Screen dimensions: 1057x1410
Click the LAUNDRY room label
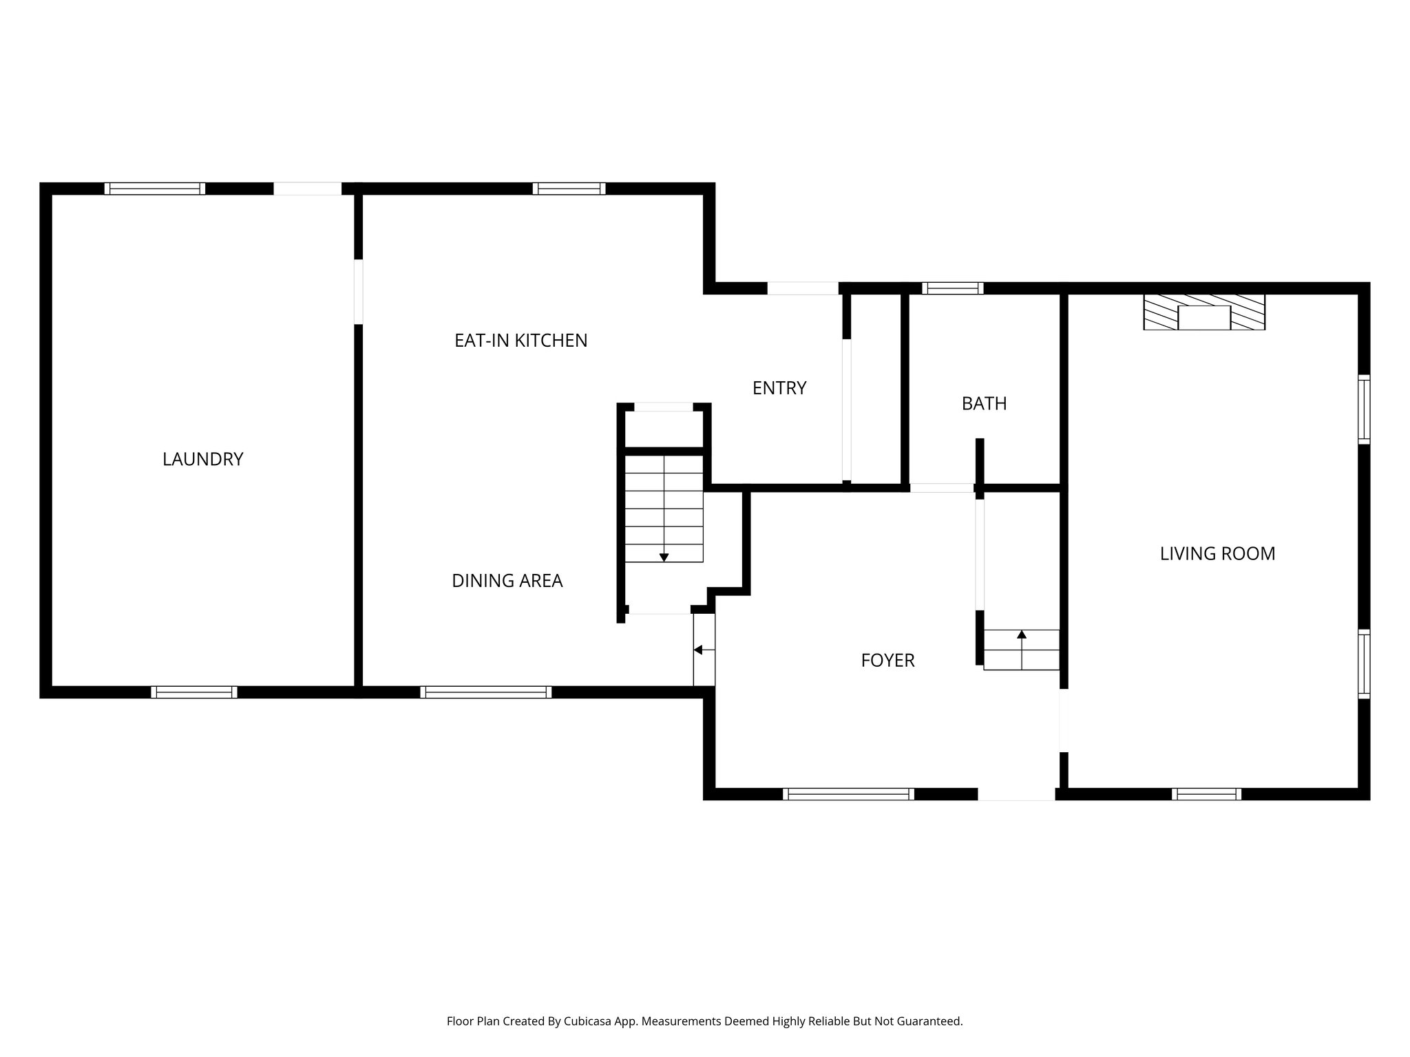tap(202, 459)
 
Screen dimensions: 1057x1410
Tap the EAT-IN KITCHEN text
tap(520, 341)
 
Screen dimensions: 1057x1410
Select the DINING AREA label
tap(507, 581)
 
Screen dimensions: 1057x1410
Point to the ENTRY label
tap(779, 388)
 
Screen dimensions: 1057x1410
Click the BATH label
tap(984, 403)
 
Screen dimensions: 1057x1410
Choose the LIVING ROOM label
tap(1217, 553)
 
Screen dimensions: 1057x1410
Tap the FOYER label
tap(887, 661)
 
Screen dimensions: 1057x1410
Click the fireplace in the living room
tap(1204, 313)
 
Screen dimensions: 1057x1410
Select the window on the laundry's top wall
tap(155, 189)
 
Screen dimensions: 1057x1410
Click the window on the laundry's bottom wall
tap(194, 692)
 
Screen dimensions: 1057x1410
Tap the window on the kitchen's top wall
tap(569, 189)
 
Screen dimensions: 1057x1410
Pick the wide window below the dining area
tap(486, 692)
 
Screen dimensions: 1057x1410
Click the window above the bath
tap(953, 288)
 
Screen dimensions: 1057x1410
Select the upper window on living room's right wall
tap(1363, 409)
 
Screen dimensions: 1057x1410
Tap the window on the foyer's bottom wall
tap(848, 794)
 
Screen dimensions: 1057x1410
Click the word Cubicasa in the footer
tap(588, 1022)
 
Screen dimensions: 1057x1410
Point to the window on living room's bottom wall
tap(1206, 794)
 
